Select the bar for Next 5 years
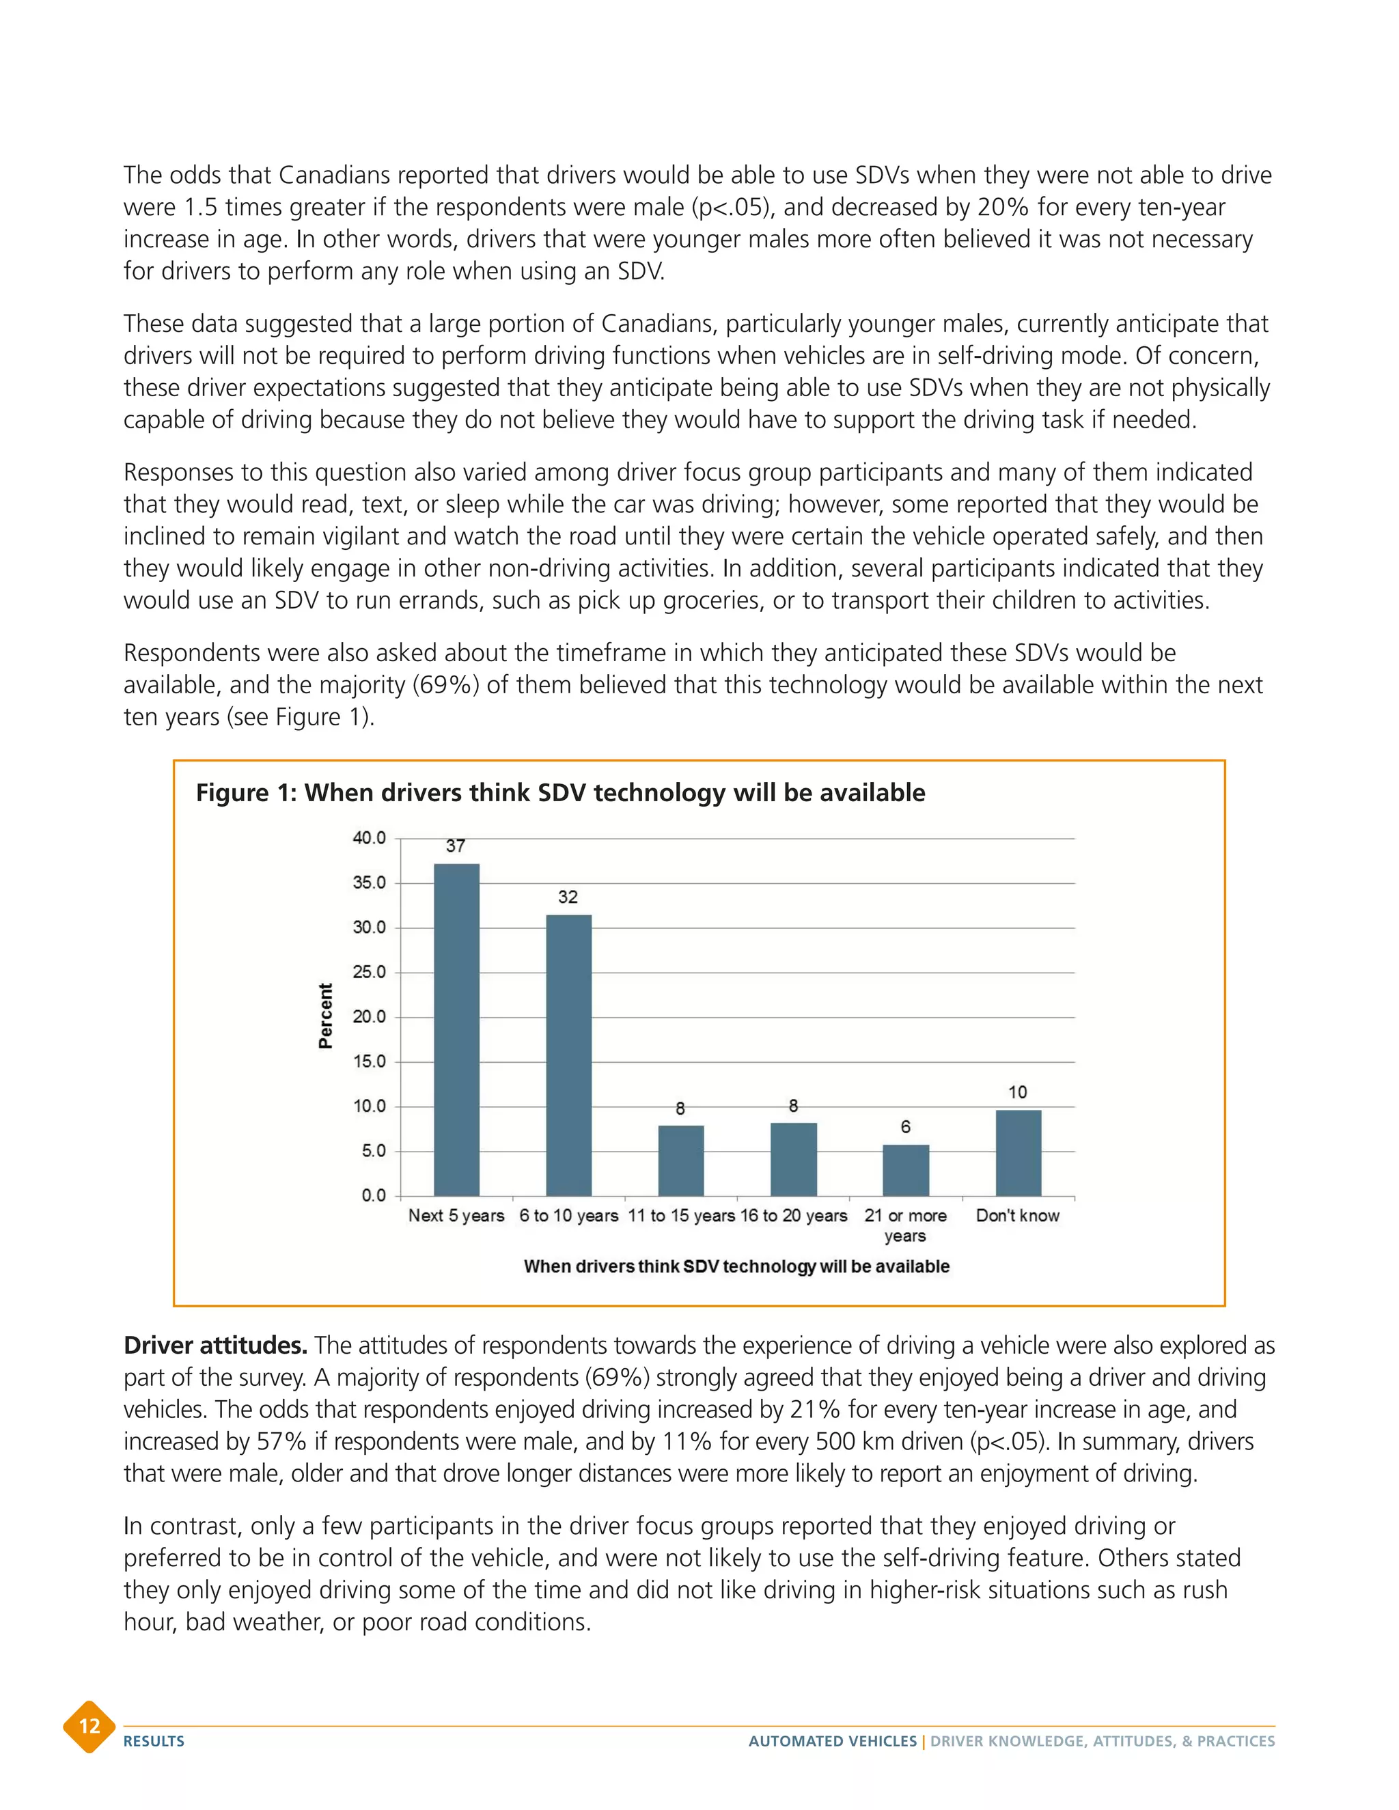(x=457, y=1029)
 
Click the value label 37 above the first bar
(x=456, y=846)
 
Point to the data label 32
(x=568, y=897)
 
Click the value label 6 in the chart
(x=905, y=1126)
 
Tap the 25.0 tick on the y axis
(x=370, y=972)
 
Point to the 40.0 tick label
(x=370, y=838)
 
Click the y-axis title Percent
(x=326, y=1016)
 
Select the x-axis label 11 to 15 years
(x=681, y=1215)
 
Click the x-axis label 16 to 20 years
(x=794, y=1215)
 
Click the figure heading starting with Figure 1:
(x=560, y=792)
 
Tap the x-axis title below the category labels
(x=736, y=1266)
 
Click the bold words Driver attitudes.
(x=215, y=1345)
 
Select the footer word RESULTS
(x=154, y=1741)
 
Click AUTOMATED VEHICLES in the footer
(x=832, y=1741)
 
